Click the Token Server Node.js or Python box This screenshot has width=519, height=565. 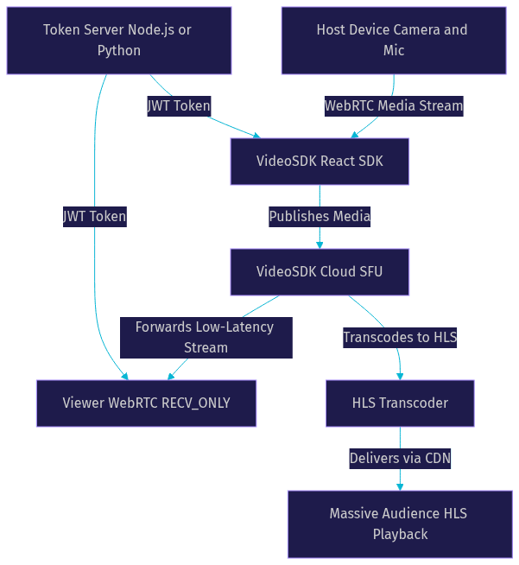click(x=119, y=41)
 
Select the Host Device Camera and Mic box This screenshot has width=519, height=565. click(x=394, y=41)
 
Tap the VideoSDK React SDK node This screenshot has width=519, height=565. click(x=320, y=162)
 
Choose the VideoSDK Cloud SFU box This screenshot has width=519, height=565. click(x=320, y=272)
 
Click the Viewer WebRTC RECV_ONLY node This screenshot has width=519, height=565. click(x=146, y=403)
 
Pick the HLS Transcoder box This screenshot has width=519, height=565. click(x=400, y=403)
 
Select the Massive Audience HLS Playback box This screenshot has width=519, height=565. click(x=400, y=524)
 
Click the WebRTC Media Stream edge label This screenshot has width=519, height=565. click(x=394, y=106)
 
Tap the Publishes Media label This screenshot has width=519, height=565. click(x=320, y=217)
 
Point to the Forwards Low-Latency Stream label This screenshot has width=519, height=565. click(x=206, y=338)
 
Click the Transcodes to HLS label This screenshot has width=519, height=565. click(x=400, y=338)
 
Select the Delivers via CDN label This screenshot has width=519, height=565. click(x=400, y=459)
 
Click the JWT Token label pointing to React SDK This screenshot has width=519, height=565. click(x=179, y=106)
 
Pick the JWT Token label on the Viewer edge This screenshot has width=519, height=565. click(x=95, y=217)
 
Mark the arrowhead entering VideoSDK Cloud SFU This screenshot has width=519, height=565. click(x=320, y=245)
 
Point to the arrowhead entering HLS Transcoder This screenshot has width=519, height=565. click(x=400, y=377)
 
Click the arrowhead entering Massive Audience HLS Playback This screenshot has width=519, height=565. click(x=400, y=486)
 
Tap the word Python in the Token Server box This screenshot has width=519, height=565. click(x=119, y=51)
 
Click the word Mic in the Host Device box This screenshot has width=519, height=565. click(x=394, y=50)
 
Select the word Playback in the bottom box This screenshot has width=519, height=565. click(x=400, y=535)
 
